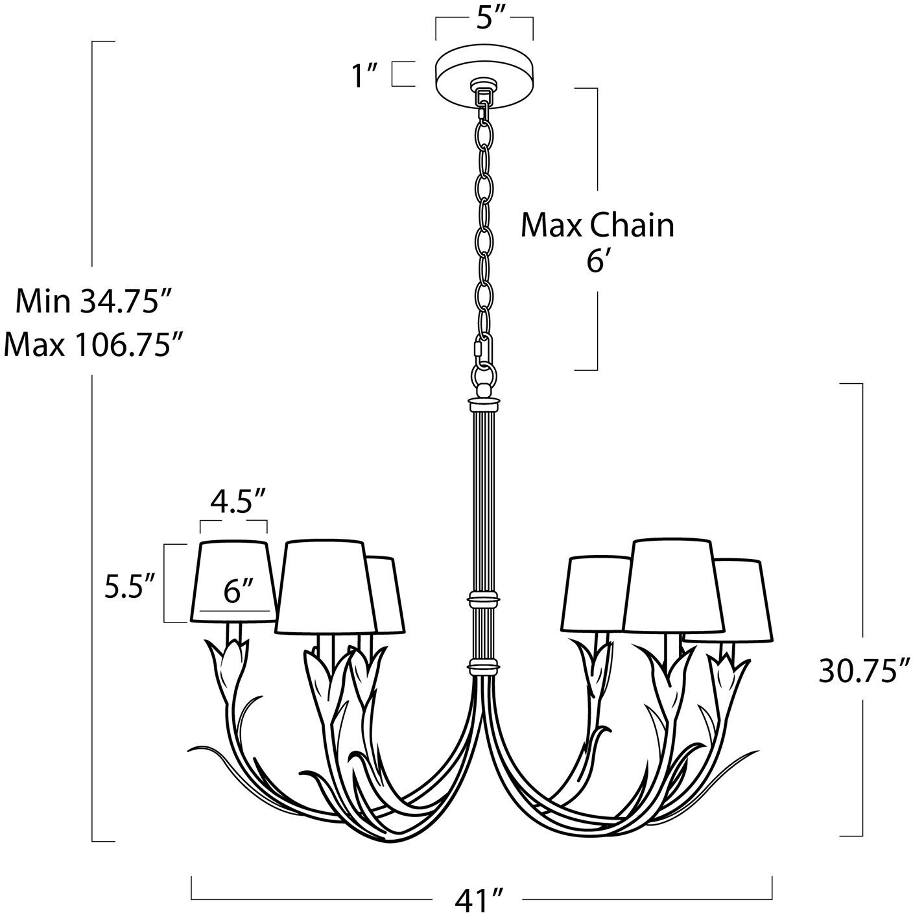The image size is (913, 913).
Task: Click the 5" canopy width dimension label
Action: pyautogui.click(x=484, y=20)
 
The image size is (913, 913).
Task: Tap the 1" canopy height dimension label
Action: pyautogui.click(x=365, y=75)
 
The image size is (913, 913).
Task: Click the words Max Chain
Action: pyautogui.click(x=597, y=226)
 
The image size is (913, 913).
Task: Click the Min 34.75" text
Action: pyautogui.click(x=93, y=302)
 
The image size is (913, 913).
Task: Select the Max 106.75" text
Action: pyautogui.click(x=92, y=345)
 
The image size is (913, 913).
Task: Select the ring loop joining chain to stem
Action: pyautogui.click(x=484, y=375)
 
